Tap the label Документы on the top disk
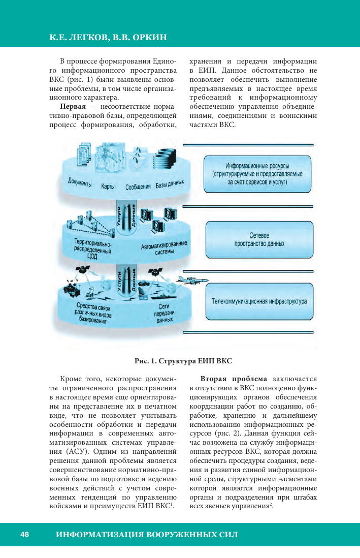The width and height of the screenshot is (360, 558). [79, 182]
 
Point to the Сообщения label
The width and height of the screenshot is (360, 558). [138, 186]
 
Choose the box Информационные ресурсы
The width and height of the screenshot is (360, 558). [257, 173]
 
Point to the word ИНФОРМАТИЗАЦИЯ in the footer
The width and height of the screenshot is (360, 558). [100, 535]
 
